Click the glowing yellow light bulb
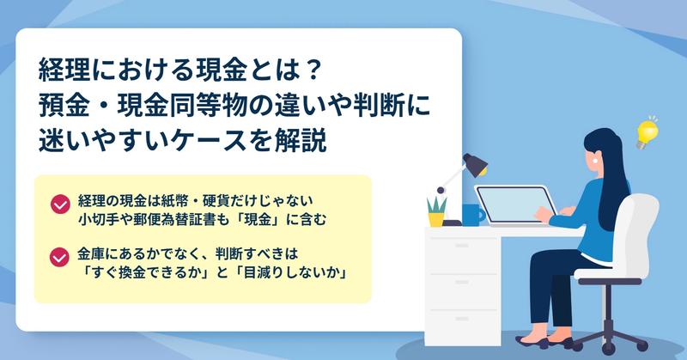647,133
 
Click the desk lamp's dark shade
476,164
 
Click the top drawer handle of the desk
462,246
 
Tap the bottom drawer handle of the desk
462,319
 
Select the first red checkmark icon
60,204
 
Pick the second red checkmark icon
59,257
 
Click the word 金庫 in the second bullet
92,253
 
